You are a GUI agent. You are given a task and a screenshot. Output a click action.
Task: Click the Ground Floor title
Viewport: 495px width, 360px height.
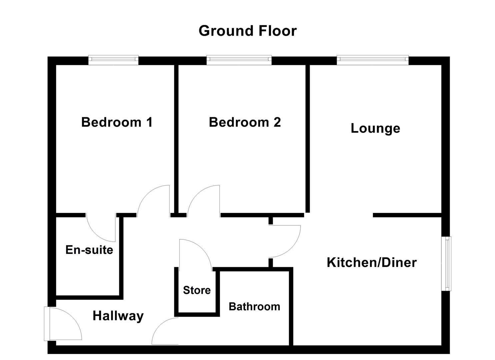pyautogui.click(x=247, y=31)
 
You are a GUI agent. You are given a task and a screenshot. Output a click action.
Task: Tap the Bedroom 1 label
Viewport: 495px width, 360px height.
pyautogui.click(x=117, y=122)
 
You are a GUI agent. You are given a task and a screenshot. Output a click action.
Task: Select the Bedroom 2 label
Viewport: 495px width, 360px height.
pyautogui.click(x=245, y=122)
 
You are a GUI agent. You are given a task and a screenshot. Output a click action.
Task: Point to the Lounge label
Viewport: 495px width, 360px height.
pyautogui.click(x=375, y=128)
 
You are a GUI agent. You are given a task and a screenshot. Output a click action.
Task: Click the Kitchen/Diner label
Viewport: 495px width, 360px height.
pyautogui.click(x=372, y=263)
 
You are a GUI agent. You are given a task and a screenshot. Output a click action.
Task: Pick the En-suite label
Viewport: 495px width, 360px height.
pyautogui.click(x=89, y=250)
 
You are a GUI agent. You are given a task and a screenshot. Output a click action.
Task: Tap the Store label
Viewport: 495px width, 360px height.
pyautogui.click(x=197, y=290)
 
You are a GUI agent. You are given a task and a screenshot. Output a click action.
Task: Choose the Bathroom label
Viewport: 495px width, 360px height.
pyautogui.click(x=254, y=307)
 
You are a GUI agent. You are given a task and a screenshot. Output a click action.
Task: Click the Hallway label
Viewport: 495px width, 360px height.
pyautogui.click(x=118, y=316)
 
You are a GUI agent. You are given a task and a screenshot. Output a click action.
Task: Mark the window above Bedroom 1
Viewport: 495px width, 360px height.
pyautogui.click(x=113, y=60)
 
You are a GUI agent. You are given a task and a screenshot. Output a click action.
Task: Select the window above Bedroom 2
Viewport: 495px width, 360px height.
pyautogui.click(x=239, y=60)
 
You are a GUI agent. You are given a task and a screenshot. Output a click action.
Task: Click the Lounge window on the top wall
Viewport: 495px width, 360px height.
pyautogui.click(x=373, y=60)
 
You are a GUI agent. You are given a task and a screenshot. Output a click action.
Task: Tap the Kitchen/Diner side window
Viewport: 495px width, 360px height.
pyautogui.click(x=446, y=264)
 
